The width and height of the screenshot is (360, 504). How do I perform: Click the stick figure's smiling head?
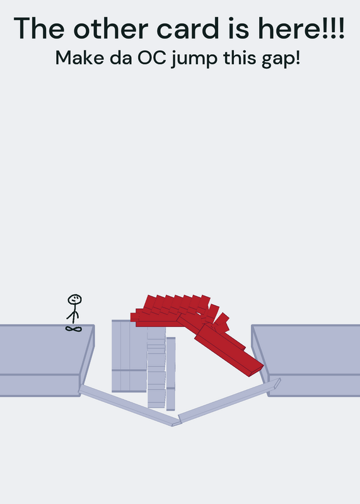click(x=74, y=300)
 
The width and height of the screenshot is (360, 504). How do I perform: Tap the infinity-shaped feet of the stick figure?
click(x=74, y=328)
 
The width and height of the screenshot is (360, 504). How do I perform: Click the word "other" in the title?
click(x=112, y=28)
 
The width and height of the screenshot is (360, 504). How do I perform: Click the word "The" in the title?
click(x=39, y=28)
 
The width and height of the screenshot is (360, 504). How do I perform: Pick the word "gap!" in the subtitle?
click(x=281, y=59)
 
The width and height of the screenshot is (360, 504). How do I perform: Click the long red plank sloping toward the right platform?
click(x=229, y=350)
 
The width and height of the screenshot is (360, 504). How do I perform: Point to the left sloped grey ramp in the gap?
click(x=129, y=406)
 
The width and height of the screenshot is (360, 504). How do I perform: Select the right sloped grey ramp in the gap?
click(x=229, y=400)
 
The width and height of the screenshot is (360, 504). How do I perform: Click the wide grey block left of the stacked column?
click(x=129, y=356)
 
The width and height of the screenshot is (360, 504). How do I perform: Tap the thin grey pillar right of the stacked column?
click(x=171, y=374)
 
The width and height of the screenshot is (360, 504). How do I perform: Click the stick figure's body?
click(x=74, y=314)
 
